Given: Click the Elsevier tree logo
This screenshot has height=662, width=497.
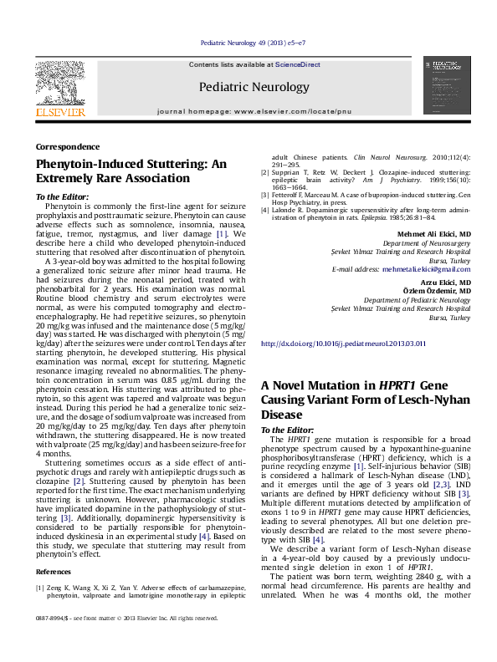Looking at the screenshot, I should click(59, 84).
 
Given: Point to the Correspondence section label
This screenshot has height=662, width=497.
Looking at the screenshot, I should click(68, 146).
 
